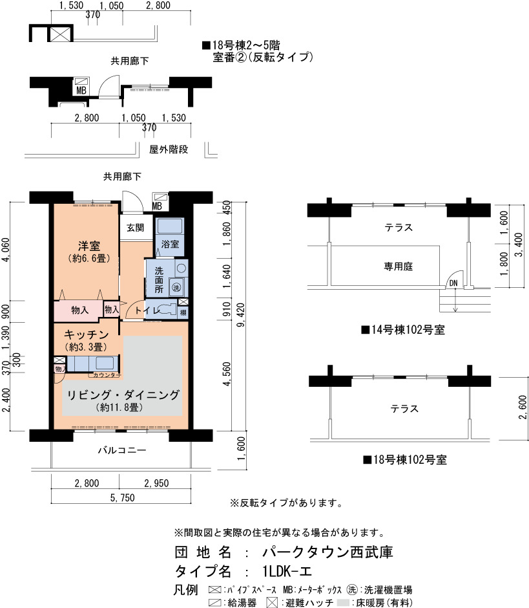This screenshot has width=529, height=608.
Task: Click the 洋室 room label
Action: click(x=88, y=246)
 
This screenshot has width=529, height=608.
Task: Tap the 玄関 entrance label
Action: click(x=135, y=228)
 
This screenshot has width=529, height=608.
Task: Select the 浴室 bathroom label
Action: click(x=170, y=244)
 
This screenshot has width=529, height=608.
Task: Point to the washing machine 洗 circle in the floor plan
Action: click(x=176, y=287)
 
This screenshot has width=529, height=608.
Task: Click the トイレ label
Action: click(x=147, y=310)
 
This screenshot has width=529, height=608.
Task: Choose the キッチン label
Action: click(x=86, y=334)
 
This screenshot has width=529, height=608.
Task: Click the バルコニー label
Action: click(x=121, y=450)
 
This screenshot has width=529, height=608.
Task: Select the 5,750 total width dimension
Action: click(x=122, y=497)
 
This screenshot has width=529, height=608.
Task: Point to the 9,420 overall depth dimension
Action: click(x=241, y=315)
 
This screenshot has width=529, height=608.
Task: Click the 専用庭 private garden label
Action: click(x=398, y=266)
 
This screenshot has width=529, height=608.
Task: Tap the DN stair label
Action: click(x=453, y=283)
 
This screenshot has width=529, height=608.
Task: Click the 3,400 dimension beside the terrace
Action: click(x=519, y=244)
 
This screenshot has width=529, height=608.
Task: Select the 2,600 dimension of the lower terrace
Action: click(x=523, y=407)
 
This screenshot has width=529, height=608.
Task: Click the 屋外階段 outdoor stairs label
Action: click(x=169, y=149)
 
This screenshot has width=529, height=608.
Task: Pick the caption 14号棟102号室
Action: click(x=403, y=330)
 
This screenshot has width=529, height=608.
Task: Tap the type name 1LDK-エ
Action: click(x=287, y=571)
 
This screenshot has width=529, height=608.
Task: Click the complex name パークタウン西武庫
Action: click(x=327, y=552)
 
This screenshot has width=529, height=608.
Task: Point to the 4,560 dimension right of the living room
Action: click(x=227, y=374)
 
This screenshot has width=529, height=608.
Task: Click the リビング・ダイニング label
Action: click(x=123, y=395)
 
